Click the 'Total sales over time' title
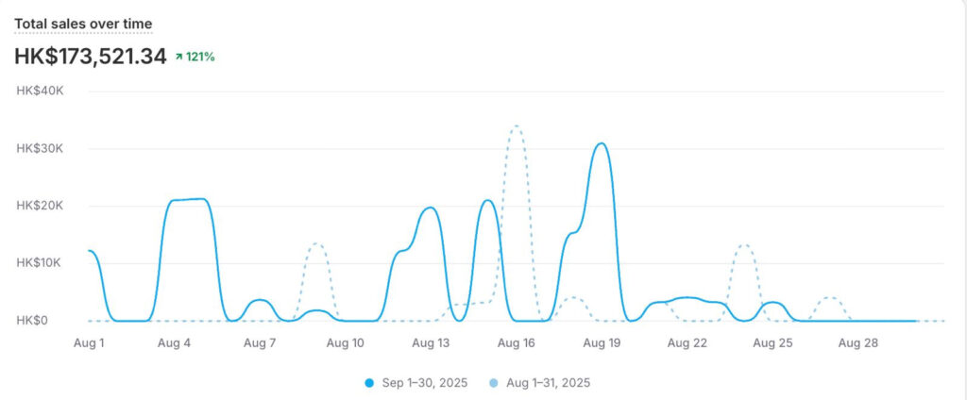tap(83, 24)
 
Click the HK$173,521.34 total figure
tap(91, 57)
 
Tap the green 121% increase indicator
tap(195, 57)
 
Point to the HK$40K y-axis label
tap(41, 91)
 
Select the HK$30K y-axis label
tap(41, 148)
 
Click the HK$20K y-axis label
tap(41, 206)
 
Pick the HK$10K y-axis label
tap(41, 263)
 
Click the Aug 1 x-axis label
tap(89, 343)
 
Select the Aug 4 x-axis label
tap(175, 343)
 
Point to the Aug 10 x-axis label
tap(346, 343)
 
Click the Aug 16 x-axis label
tap(517, 343)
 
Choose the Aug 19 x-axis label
tap(602, 343)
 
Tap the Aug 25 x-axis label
tap(772, 343)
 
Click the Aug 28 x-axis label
tap(857, 343)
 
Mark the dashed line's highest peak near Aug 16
tap(516, 126)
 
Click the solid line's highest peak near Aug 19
tap(601, 143)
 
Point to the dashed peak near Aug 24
tap(745, 245)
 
